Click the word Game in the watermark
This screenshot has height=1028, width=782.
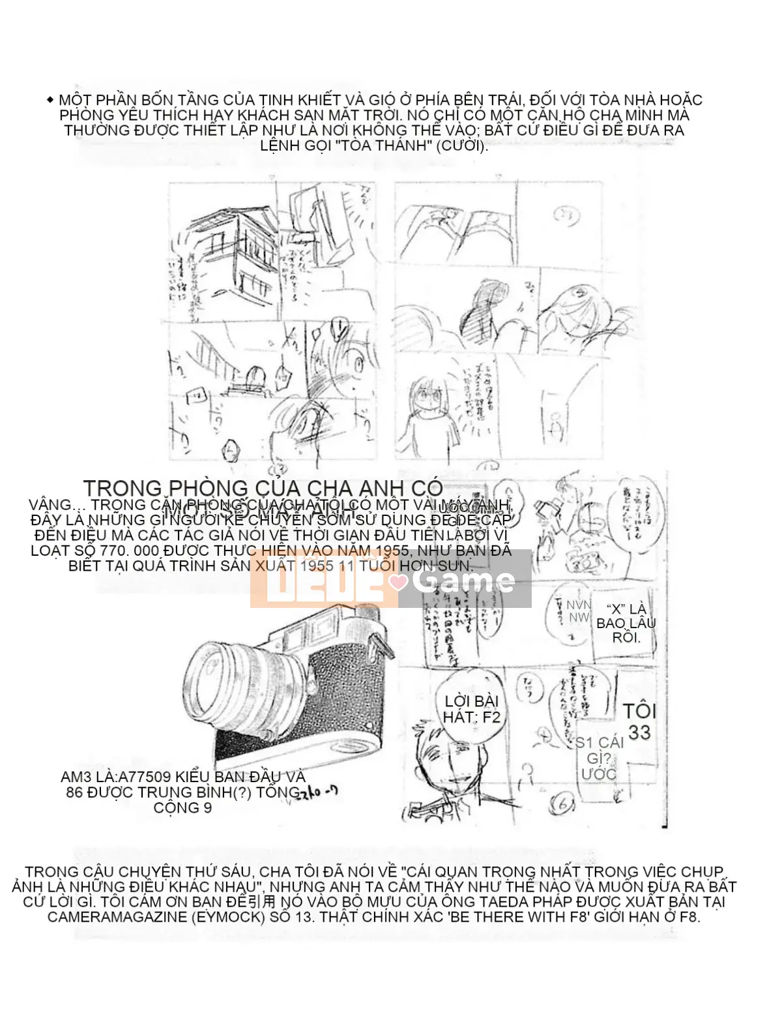click(464, 579)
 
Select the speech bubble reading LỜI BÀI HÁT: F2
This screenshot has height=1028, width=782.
click(471, 709)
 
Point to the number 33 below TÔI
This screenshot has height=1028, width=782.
click(639, 733)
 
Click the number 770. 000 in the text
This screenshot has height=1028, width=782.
click(132, 550)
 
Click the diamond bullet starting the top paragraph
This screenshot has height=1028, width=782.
click(50, 100)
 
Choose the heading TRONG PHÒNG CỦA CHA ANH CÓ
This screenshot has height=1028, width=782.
click(263, 488)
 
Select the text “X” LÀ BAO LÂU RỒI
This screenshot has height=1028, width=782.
click(626, 623)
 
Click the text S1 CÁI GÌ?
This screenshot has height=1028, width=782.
click(599, 750)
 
